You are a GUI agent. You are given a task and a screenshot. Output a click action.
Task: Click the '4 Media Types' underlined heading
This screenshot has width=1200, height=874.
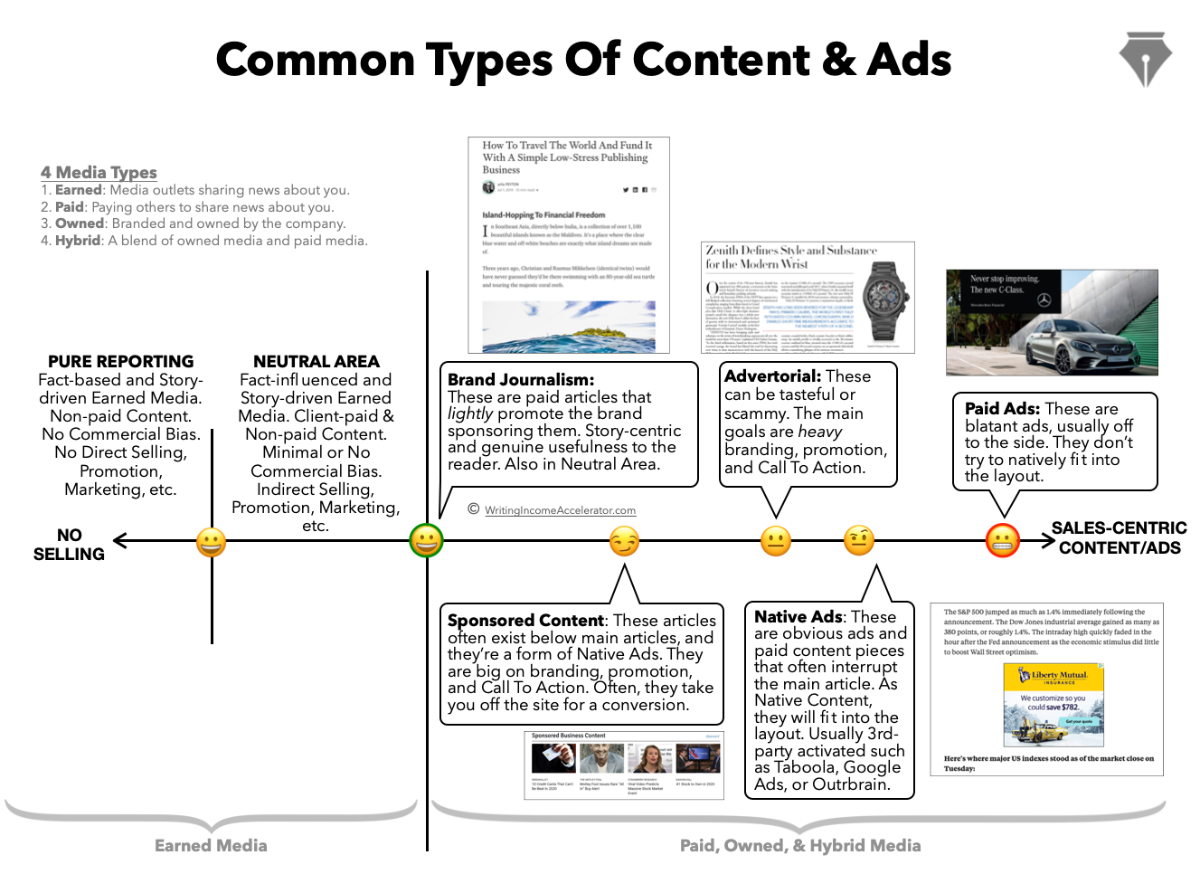(99, 172)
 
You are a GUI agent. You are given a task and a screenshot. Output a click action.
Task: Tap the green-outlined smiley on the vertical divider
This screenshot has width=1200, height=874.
(427, 541)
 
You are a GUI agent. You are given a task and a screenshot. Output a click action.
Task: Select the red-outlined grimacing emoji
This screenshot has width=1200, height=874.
(1002, 541)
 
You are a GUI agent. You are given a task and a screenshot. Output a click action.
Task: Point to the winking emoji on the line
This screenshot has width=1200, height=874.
(624, 541)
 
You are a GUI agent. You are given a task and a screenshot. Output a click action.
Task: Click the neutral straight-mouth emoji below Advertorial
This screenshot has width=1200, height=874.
(775, 541)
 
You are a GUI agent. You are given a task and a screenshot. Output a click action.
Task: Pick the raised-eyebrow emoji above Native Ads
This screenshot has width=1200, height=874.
(859, 541)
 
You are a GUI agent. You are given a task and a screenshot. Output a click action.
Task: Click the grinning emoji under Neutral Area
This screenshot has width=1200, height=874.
(211, 542)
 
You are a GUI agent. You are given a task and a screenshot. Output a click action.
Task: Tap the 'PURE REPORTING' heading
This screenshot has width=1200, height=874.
(120, 361)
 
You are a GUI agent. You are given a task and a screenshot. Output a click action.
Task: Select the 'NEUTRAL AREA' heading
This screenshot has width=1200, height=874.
(316, 361)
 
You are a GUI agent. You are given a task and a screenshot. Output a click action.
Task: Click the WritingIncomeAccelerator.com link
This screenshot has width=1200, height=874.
(560, 510)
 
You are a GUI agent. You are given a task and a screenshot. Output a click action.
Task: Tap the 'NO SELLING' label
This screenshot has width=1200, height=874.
(69, 545)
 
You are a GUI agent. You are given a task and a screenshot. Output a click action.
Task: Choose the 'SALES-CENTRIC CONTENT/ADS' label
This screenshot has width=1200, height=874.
(1119, 537)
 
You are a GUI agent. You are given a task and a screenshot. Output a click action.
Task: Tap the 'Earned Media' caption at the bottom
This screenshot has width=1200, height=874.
(211, 845)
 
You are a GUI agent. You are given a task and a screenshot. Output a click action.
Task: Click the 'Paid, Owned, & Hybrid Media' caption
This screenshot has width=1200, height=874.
(800, 845)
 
